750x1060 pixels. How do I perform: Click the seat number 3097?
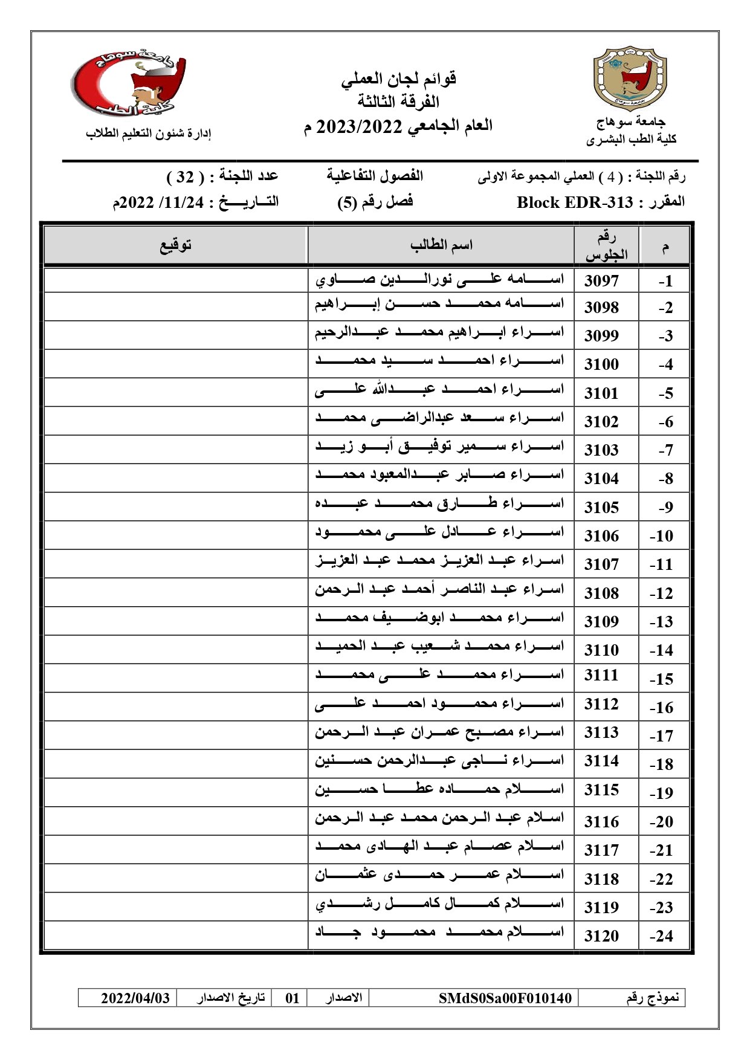coord(601,281)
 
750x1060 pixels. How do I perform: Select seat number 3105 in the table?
coord(601,508)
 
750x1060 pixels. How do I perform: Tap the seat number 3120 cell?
coord(601,936)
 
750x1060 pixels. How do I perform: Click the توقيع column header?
coord(175,245)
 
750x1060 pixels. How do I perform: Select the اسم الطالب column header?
coord(441,245)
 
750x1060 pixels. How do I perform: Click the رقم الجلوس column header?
coord(606,246)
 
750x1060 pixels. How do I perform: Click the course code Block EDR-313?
coord(575,202)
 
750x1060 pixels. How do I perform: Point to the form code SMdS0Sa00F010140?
coord(505,998)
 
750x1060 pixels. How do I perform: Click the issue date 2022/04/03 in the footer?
coord(135,998)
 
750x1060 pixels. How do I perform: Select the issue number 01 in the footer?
coord(293,998)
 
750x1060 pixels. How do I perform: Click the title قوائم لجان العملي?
coord(398,79)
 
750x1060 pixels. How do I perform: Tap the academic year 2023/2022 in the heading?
coord(360,127)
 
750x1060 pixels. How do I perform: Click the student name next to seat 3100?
coord(439,361)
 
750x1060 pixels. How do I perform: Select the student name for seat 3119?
coord(439,904)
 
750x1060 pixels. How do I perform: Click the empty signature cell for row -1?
coord(175,280)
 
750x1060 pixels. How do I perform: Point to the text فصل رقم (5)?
coord(375,202)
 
